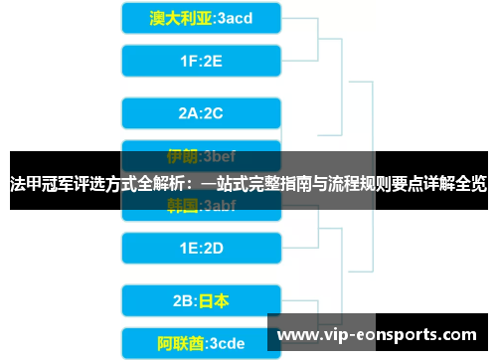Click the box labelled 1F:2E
click(x=200, y=62)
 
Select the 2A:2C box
click(x=200, y=112)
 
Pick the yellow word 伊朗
click(x=182, y=156)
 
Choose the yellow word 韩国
click(x=182, y=206)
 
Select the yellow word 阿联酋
click(x=181, y=344)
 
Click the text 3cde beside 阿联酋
click(x=228, y=344)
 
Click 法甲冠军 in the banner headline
click(x=38, y=184)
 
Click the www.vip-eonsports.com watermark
click(x=382, y=334)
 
